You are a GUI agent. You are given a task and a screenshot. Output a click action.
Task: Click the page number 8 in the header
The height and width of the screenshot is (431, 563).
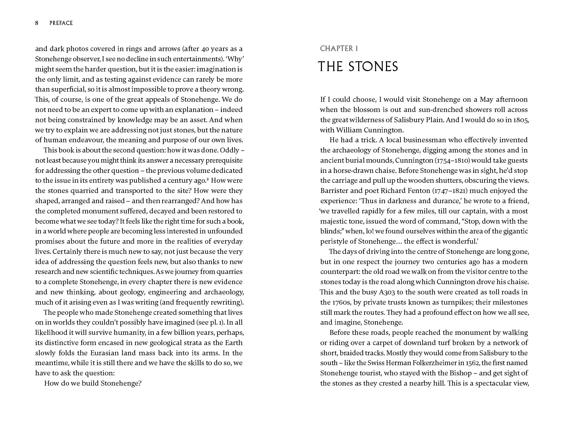(37, 23)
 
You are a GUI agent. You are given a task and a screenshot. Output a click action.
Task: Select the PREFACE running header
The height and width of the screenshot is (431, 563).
(61, 23)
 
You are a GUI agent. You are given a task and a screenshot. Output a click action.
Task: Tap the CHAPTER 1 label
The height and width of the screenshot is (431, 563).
(339, 49)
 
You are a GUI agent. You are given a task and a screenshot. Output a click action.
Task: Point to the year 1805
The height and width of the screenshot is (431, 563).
(520, 120)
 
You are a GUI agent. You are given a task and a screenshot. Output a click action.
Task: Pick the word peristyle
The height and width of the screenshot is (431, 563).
(335, 242)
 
